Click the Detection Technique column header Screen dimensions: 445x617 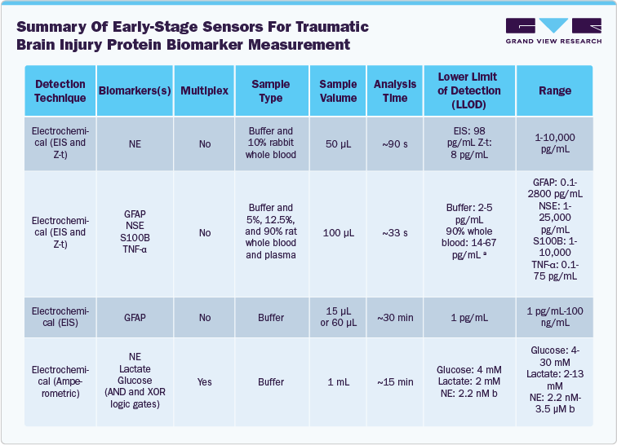point(60,90)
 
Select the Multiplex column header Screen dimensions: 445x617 point(204,90)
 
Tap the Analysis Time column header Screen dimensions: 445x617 point(395,90)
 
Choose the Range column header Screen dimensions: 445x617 point(555,90)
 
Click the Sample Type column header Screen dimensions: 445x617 point(270,90)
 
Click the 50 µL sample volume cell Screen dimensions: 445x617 point(338,143)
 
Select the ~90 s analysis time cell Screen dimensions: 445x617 point(395,143)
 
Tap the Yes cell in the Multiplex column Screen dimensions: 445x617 point(204,381)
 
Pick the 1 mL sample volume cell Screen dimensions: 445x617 point(338,381)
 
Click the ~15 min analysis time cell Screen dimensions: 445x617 point(395,381)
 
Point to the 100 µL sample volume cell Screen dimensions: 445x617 point(338,233)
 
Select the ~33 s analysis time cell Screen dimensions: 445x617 point(395,233)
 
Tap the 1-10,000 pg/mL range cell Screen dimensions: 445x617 point(555,143)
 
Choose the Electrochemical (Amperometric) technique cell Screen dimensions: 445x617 point(60,381)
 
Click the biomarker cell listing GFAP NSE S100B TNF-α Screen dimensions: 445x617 point(134,233)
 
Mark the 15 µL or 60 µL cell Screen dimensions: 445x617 point(338,317)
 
